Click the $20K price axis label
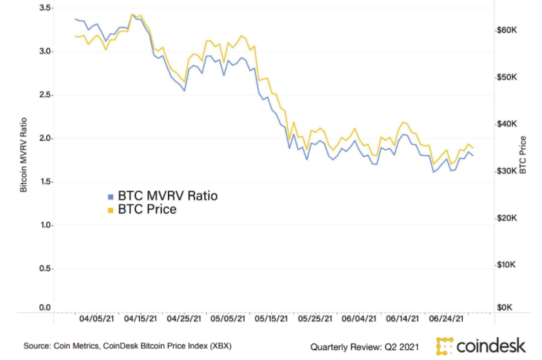tap(507, 218)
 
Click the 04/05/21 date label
tap(97, 319)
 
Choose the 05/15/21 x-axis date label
tap(271, 319)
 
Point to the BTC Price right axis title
tap(523, 154)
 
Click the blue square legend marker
tap(111, 196)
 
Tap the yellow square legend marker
tap(111, 210)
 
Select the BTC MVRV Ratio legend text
tap(168, 196)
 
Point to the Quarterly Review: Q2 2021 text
tap(364, 346)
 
